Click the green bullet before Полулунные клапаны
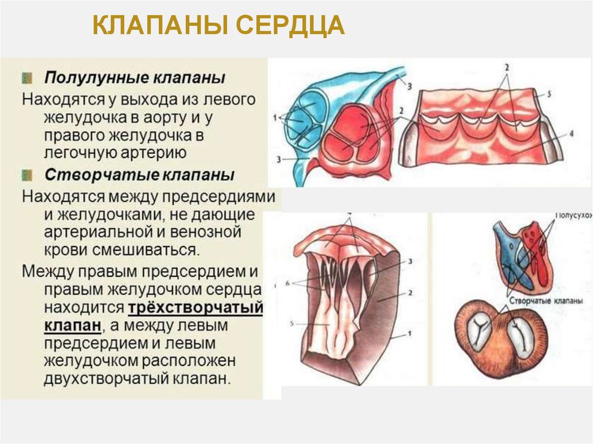(x=27, y=77)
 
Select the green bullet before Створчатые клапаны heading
(x=27, y=174)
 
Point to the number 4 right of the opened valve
(x=570, y=133)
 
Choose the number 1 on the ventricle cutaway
(x=409, y=334)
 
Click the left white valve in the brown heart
(x=479, y=332)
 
